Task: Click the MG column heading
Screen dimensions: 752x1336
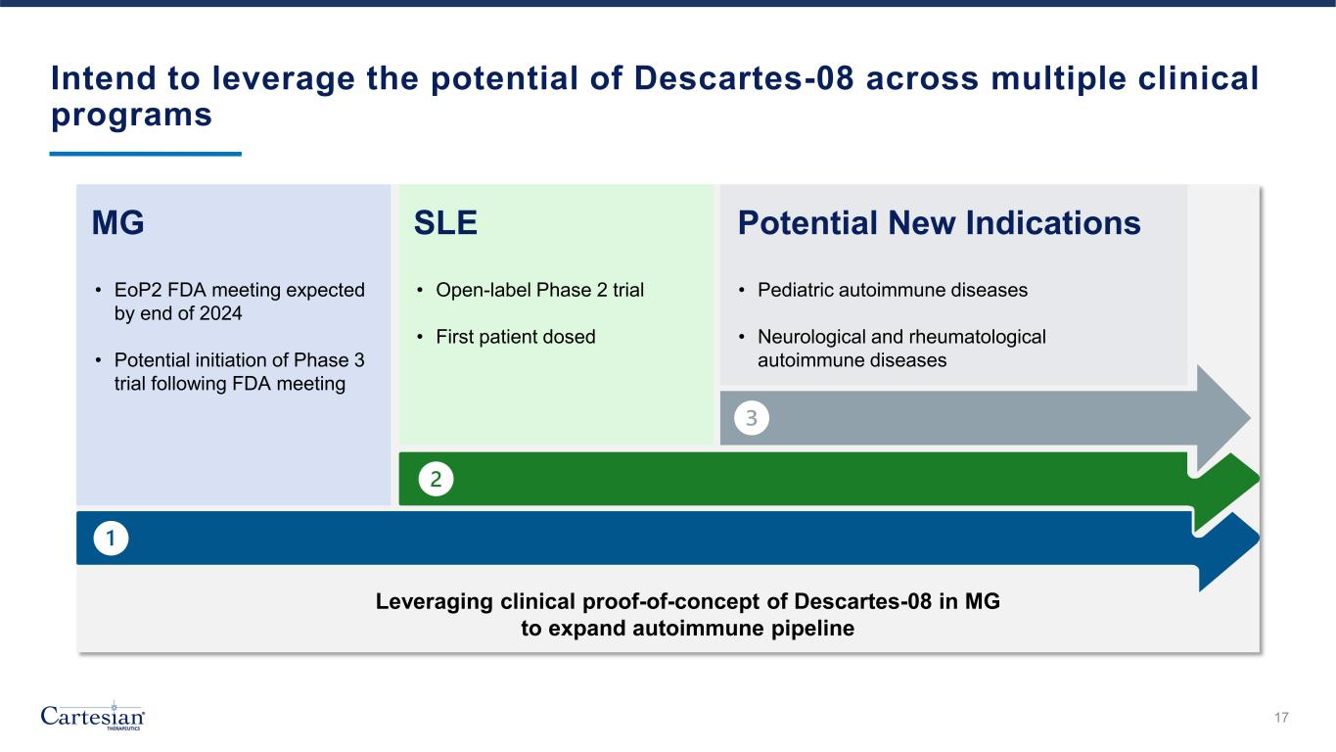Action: (x=117, y=224)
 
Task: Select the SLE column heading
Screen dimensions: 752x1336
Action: (x=446, y=224)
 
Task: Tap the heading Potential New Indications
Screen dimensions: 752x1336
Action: (x=939, y=224)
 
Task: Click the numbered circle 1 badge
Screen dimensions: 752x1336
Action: (x=112, y=538)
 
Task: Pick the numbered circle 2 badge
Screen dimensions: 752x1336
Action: (x=437, y=479)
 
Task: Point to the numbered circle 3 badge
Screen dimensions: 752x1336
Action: (x=752, y=419)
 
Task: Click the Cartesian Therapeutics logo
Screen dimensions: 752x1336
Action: (x=93, y=717)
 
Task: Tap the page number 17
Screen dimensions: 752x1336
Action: (x=1281, y=719)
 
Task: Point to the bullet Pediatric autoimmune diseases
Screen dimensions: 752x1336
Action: (x=893, y=291)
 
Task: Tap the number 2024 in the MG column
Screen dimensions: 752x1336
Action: (x=219, y=314)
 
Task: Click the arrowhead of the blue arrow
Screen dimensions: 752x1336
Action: (x=1229, y=550)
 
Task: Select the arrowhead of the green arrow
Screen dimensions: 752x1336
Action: (x=1228, y=490)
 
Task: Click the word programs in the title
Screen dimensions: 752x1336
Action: (x=131, y=115)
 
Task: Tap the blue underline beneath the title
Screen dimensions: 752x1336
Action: (x=145, y=154)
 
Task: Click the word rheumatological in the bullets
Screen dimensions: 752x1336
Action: (x=969, y=337)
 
